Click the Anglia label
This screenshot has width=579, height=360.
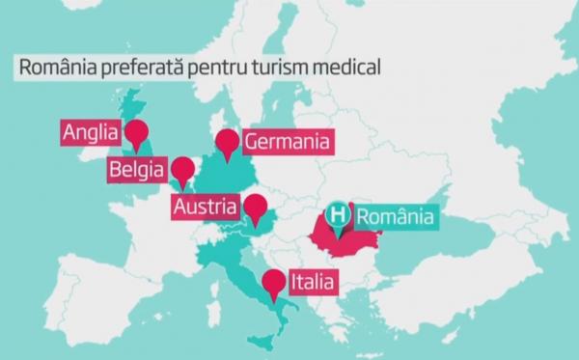coord(89,133)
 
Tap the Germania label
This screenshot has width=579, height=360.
coord(288,143)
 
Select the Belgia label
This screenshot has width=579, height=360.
coord(137,172)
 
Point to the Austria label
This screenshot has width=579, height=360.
coord(205,207)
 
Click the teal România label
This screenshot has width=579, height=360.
coord(395,216)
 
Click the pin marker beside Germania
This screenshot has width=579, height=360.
coord(228,143)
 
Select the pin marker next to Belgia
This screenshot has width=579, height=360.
coord(181,172)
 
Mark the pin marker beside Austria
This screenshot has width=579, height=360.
coord(255,208)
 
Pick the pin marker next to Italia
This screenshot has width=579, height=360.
coord(274,283)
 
